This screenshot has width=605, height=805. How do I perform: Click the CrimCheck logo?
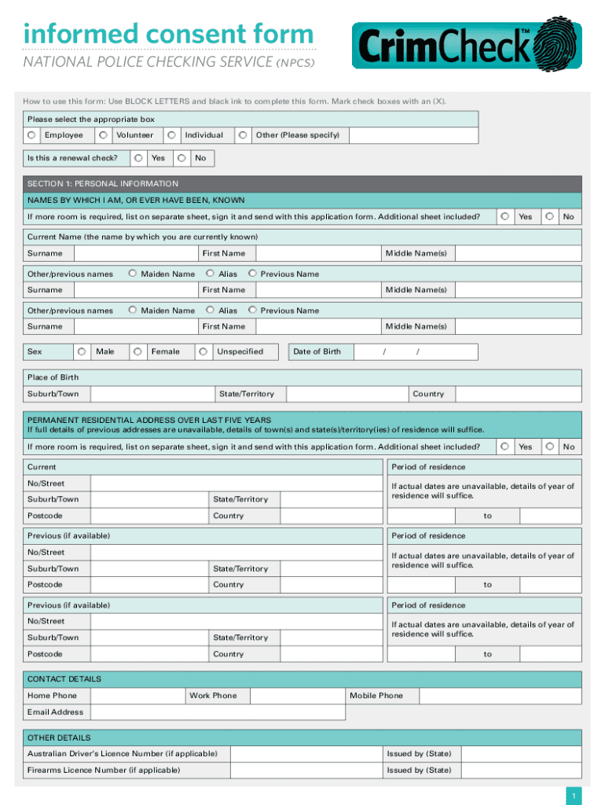click(467, 44)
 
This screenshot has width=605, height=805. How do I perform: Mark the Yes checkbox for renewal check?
click(138, 158)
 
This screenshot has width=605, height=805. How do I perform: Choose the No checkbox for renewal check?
click(182, 158)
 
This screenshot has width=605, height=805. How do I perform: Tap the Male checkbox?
click(82, 351)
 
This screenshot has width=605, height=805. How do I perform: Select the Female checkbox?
click(137, 351)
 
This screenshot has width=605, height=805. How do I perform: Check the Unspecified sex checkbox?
click(203, 351)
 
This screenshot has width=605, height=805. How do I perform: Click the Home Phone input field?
click(137, 696)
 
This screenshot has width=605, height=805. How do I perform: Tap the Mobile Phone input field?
click(500, 696)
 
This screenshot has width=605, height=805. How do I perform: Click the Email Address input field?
click(217, 712)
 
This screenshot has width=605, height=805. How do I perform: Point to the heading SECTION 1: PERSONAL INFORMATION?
click(103, 183)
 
